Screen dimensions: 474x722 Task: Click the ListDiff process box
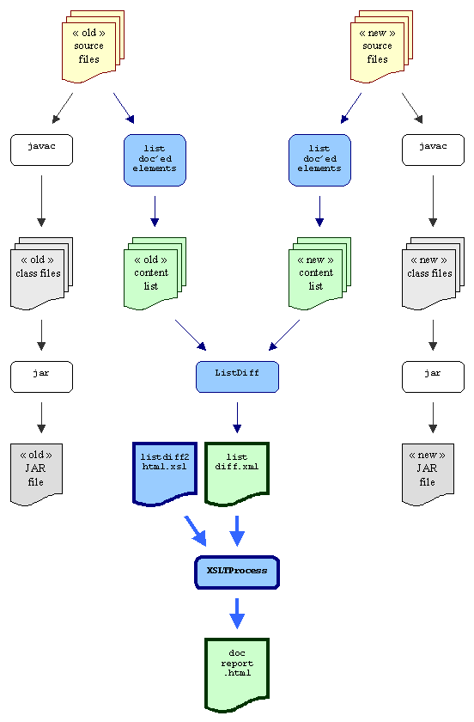point(237,376)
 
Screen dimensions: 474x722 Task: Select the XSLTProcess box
point(237,572)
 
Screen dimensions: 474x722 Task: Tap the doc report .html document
point(237,675)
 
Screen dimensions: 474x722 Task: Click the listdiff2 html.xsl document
point(165,474)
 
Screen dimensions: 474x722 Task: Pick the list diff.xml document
point(237,474)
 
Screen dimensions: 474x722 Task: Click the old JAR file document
point(36,474)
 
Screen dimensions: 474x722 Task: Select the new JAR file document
point(428,474)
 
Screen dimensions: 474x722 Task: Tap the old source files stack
point(93,46)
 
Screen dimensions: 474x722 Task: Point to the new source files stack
point(381,46)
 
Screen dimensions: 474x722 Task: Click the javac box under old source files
point(41,150)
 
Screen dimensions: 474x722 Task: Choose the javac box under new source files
point(433,150)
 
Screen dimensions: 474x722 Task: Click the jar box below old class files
point(41,376)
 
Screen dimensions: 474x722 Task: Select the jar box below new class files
point(433,376)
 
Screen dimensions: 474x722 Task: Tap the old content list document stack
point(155,273)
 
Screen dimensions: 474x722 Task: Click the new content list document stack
point(319,273)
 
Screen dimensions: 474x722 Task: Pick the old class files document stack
point(41,273)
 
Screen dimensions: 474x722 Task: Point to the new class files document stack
point(433,273)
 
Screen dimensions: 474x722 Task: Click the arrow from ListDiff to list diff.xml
point(237,418)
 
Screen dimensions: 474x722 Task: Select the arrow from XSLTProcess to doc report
point(237,614)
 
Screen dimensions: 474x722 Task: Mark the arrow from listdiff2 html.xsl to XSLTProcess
point(196,531)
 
